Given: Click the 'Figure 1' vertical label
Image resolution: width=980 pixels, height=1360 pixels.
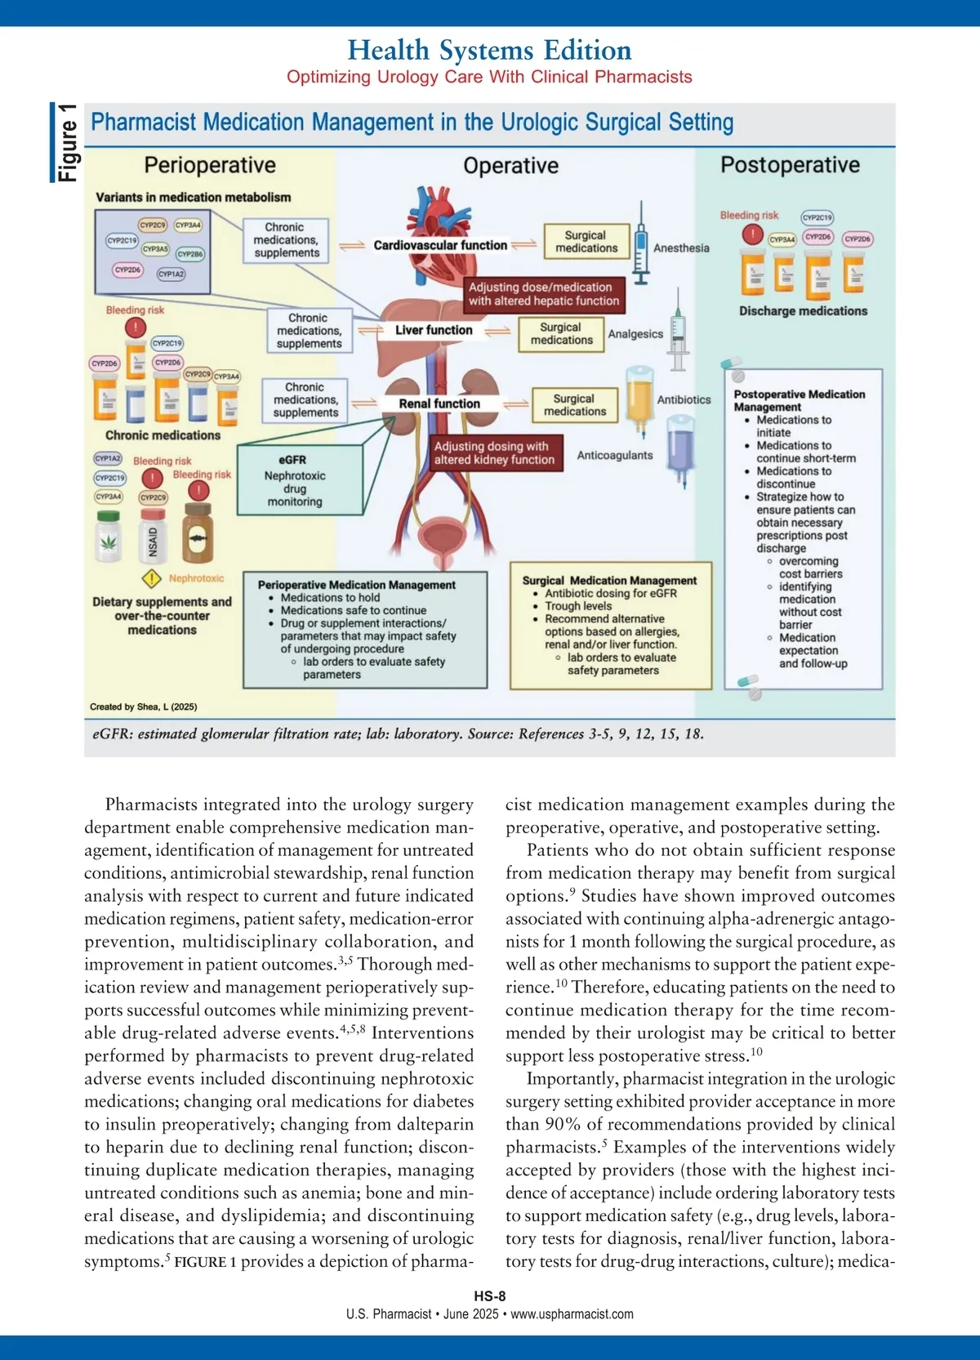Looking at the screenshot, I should pos(67,143).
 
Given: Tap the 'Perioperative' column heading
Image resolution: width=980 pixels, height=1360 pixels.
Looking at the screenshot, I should pos(210,165).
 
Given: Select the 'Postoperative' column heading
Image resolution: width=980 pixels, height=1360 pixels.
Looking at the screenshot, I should pos(790,165).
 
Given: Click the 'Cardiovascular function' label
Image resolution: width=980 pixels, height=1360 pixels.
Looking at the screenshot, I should pos(440,245).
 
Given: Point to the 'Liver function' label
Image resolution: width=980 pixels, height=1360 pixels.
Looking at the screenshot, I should pos(434,330).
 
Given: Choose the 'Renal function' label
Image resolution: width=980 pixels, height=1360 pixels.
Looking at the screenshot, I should pos(439,404).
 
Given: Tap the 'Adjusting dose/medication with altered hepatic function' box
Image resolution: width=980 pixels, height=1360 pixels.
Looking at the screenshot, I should pos(544,294).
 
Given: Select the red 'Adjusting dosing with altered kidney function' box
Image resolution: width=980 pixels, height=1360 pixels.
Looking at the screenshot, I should pos(494,453).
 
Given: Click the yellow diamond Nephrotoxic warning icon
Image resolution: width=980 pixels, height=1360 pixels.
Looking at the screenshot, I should pos(151,579).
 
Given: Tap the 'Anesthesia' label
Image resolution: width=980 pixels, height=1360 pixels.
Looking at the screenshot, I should pos(681,247).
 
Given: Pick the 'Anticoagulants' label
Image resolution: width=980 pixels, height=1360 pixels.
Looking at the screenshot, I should pos(615,455).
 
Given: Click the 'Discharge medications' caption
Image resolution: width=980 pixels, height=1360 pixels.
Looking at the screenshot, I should pos(803,311).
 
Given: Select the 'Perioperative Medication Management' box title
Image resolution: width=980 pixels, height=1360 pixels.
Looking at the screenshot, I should pos(357,585).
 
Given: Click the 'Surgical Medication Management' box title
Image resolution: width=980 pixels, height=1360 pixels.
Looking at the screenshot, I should pos(609,580).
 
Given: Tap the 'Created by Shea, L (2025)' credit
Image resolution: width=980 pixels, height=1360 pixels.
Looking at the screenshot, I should pos(143,707).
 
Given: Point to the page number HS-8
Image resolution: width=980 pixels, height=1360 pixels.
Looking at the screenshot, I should pos(490,1296).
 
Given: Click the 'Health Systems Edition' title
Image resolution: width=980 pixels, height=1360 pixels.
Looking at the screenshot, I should pos(489,51).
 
